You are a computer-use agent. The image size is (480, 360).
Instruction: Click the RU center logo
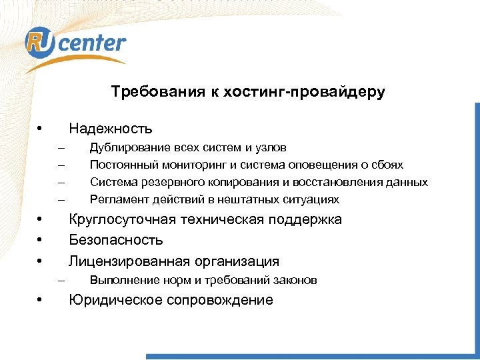[x=75, y=45]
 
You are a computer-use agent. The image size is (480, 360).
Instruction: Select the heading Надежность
[x=111, y=128]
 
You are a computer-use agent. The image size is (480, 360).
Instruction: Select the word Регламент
[x=116, y=199]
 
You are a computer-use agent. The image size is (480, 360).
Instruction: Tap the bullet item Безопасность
[x=116, y=241]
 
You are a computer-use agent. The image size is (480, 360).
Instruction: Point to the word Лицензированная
[x=129, y=261]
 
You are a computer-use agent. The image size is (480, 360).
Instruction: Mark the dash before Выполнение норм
[x=62, y=281]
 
